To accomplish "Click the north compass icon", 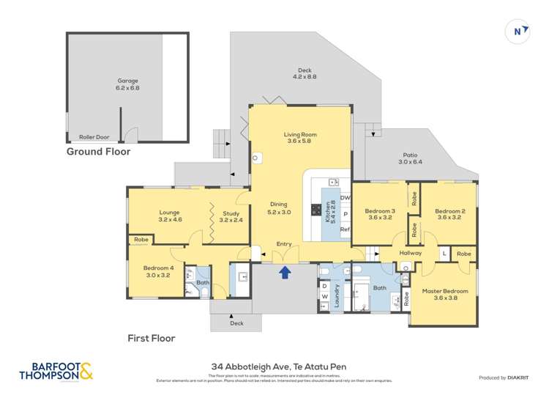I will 518,32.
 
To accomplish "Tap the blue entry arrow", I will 285,273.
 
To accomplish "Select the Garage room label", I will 127,81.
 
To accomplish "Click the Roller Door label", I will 94,137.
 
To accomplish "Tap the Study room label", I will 231,213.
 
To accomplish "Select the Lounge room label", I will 169,213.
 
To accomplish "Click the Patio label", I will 410,155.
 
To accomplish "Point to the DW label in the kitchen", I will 345,197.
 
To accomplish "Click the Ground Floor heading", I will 98,152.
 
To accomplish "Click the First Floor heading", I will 152,338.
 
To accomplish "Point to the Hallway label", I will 411,253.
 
